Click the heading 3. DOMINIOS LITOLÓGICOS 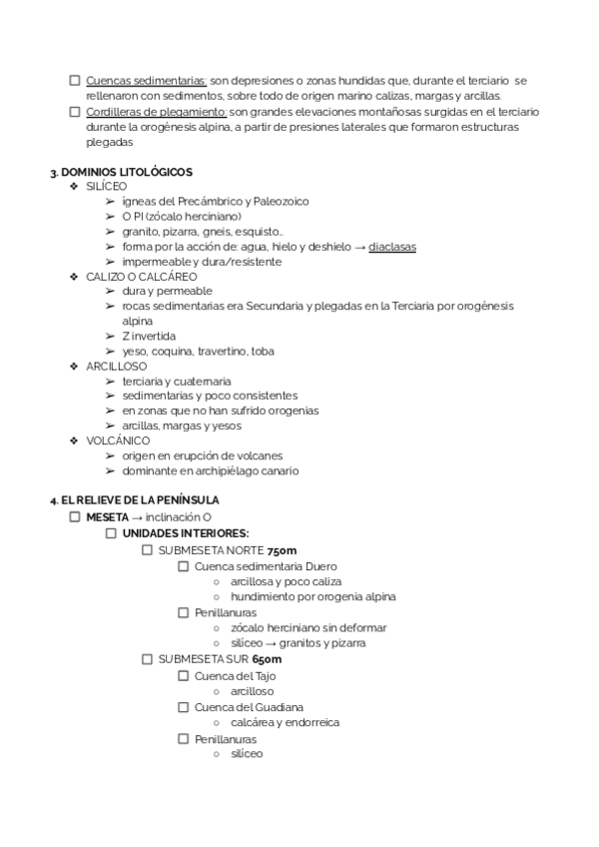[x=121, y=172]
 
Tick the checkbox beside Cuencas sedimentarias [x=75, y=81]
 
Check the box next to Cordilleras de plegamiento [x=75, y=112]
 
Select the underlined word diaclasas [x=392, y=247]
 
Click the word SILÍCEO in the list [x=107, y=187]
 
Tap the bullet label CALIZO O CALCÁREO [x=142, y=277]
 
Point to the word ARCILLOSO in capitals [x=117, y=367]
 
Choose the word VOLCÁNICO [x=118, y=440]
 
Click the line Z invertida [x=149, y=337]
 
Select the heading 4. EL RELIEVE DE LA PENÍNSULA [x=135, y=499]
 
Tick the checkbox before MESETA [x=75, y=517]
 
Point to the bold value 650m [x=267, y=659]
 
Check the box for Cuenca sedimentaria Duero [x=184, y=566]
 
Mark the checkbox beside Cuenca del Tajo [x=184, y=675]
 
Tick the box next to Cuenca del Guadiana [x=184, y=707]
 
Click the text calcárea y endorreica [x=285, y=722]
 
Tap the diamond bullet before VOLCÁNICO [x=74, y=440]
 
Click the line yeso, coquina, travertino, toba [x=198, y=352]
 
